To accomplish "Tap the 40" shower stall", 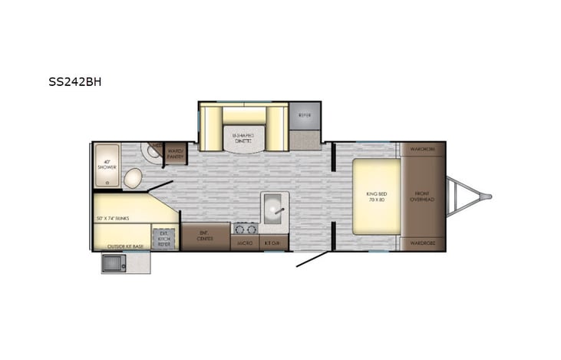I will (107, 166).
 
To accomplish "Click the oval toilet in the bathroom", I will (133, 179).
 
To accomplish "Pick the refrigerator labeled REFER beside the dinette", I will (304, 116).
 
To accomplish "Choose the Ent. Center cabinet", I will (205, 237).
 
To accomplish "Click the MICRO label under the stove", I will (245, 243).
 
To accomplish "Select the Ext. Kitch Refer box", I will (164, 238).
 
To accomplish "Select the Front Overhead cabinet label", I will (424, 196).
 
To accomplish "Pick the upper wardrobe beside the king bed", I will (423, 148).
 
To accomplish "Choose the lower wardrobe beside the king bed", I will (423, 243).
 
